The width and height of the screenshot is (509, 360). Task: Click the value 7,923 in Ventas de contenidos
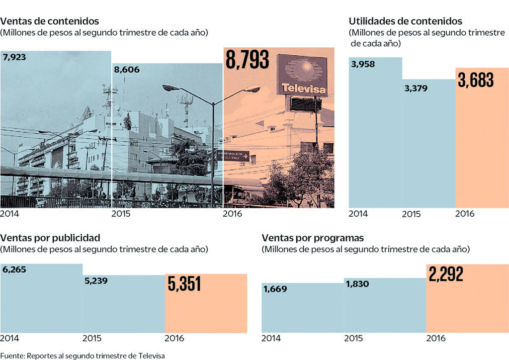14,57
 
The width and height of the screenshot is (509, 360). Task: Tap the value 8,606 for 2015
127,70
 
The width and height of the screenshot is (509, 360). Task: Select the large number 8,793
248,60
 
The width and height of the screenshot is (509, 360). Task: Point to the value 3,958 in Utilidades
363,64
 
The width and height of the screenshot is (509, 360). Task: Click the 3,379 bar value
416,89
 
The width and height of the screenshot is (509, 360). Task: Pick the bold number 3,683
476,81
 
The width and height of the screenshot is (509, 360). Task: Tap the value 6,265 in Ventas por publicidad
14,270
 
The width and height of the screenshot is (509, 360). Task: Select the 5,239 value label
96,281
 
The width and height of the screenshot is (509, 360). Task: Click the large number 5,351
184,284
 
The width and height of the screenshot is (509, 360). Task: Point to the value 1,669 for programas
275,289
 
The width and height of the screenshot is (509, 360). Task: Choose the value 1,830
357,284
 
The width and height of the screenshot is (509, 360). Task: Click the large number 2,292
445,274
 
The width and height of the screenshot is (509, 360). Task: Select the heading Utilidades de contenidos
406,21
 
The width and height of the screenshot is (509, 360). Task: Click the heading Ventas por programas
313,237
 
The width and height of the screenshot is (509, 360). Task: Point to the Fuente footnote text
83,355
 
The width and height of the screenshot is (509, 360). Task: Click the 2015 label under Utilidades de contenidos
411,214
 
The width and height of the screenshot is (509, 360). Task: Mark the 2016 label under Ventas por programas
436,338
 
